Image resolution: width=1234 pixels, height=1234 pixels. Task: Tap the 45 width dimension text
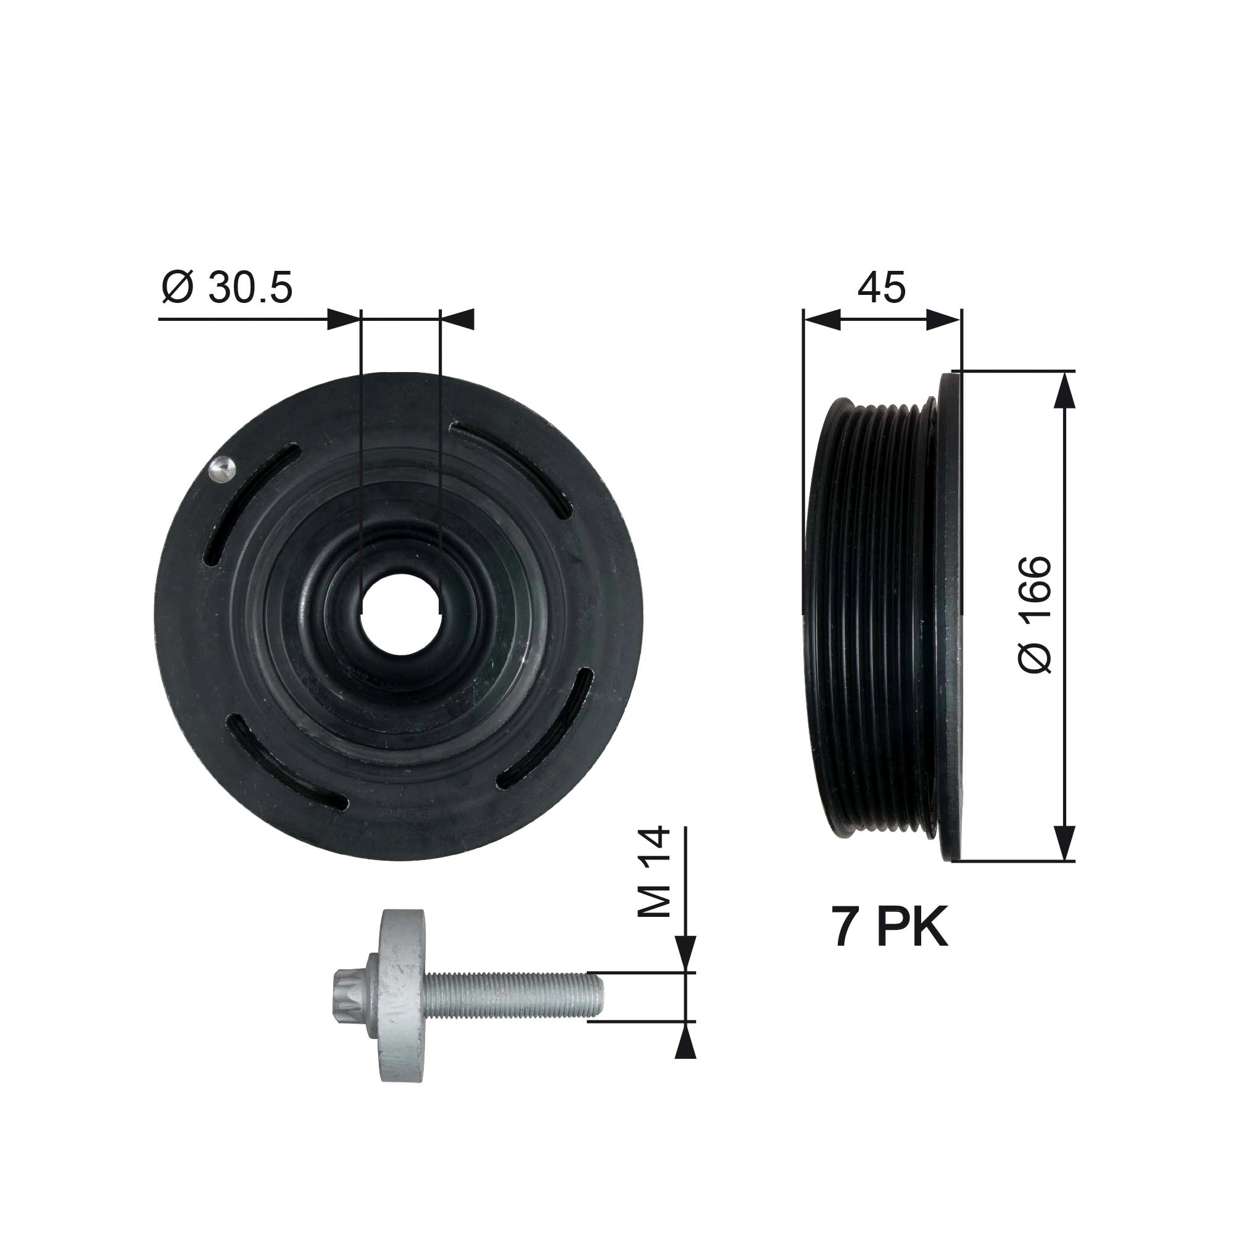(882, 288)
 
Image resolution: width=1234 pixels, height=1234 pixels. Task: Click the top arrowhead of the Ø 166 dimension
(1064, 389)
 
